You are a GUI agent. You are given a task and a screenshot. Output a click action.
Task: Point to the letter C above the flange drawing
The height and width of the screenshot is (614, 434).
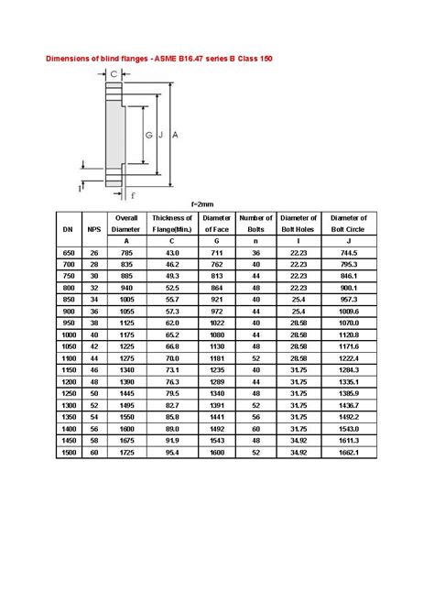point(113,73)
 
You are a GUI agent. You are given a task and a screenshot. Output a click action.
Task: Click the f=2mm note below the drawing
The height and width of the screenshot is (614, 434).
point(202,203)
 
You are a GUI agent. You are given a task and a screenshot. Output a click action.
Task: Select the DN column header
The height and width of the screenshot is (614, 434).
point(68,229)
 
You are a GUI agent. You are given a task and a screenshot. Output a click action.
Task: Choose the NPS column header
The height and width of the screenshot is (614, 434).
point(93,229)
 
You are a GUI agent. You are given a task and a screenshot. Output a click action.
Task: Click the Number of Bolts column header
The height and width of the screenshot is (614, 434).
point(256,224)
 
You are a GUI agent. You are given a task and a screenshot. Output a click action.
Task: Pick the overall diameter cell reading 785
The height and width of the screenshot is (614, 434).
point(126,252)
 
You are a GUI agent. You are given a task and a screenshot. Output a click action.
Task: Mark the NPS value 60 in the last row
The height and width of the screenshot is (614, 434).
point(93,453)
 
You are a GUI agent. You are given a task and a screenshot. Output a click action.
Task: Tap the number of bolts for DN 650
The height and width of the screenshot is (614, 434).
point(256,252)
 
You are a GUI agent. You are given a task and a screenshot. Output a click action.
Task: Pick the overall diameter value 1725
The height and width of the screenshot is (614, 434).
point(126,453)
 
